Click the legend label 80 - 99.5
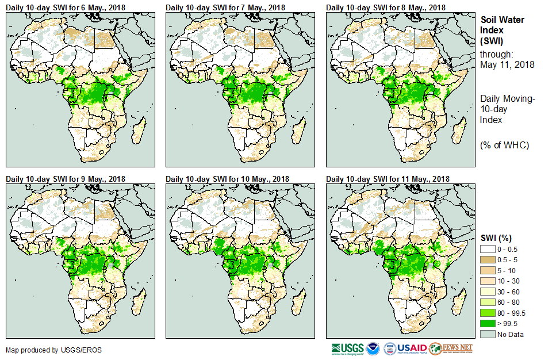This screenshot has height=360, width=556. point(513,313)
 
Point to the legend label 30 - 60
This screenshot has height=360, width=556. point(509,292)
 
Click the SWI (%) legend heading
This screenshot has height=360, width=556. point(496,238)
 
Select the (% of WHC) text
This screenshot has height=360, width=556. point(504,145)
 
